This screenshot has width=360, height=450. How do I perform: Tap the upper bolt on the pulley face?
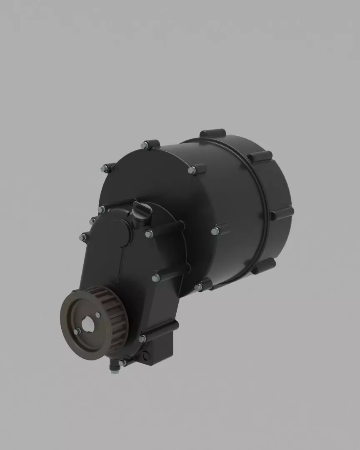click(98, 315)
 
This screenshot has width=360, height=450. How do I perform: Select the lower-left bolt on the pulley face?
click(77, 332)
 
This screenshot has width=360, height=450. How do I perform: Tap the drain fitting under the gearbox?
click(113, 368)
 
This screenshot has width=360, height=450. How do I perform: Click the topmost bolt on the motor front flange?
click(145, 145)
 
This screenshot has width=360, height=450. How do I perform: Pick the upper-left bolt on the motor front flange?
click(105, 169)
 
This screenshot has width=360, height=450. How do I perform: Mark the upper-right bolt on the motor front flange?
click(192, 170)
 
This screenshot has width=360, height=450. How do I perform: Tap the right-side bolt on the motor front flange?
click(215, 231)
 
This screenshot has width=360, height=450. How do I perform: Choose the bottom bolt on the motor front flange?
click(198, 287)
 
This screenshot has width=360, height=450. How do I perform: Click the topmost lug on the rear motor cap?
click(212, 133)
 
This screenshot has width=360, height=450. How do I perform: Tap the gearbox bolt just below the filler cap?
click(149, 234)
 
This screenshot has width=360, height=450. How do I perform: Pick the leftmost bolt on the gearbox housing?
click(83, 237)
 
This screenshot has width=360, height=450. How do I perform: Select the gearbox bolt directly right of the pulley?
click(142, 338)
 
